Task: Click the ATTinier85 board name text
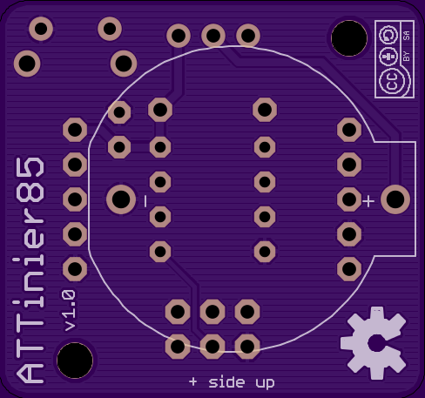coord(30,271)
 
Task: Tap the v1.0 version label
coord(70,310)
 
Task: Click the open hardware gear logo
coord(374,343)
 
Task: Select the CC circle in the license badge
coord(392,80)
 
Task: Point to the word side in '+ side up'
coord(226,382)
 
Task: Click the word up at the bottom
coord(265,383)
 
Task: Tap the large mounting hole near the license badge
coord(349,38)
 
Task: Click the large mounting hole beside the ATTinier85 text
coord(75,361)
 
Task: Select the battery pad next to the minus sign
coord(121,199)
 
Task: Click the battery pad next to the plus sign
coord(395,199)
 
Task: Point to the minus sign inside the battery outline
coord(145,201)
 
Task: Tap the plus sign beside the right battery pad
coord(368,201)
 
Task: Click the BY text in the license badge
coord(407,57)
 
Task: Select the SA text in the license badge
coord(407,36)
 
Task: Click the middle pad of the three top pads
coord(213,36)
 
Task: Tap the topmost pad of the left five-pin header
coord(75,130)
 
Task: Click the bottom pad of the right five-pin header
coord(349,269)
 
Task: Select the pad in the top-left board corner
coord(41,29)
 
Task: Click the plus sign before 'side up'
coord(193,381)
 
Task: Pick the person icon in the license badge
coord(388,57)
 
